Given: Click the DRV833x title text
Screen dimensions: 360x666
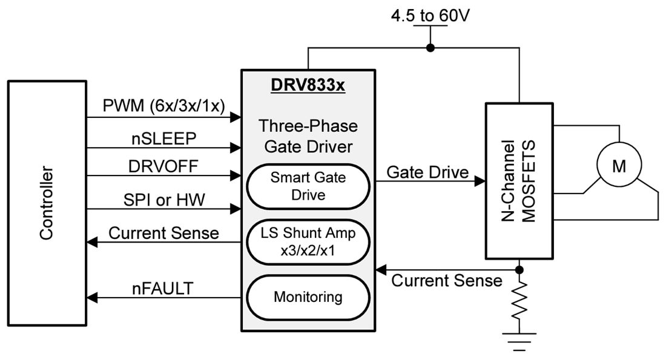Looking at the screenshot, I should click(308, 86).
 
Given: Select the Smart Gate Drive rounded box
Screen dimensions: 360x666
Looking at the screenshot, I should click(308, 186).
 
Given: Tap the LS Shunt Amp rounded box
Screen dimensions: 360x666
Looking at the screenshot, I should click(308, 243).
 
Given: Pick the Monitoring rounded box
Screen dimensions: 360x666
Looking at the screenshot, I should click(308, 297).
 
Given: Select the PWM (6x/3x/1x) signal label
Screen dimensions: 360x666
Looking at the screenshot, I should click(164, 106).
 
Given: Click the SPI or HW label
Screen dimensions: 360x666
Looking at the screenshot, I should click(163, 200).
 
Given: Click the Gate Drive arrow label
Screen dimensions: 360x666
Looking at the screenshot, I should click(427, 172).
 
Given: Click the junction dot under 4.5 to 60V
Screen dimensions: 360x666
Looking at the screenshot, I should click(430, 48).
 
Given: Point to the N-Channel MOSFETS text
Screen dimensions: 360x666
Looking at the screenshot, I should click(519, 182).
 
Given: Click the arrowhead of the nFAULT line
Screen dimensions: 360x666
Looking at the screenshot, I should click(91, 297).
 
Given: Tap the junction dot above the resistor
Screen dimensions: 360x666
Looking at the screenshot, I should click(519, 269).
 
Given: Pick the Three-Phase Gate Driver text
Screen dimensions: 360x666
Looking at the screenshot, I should click(308, 136).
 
